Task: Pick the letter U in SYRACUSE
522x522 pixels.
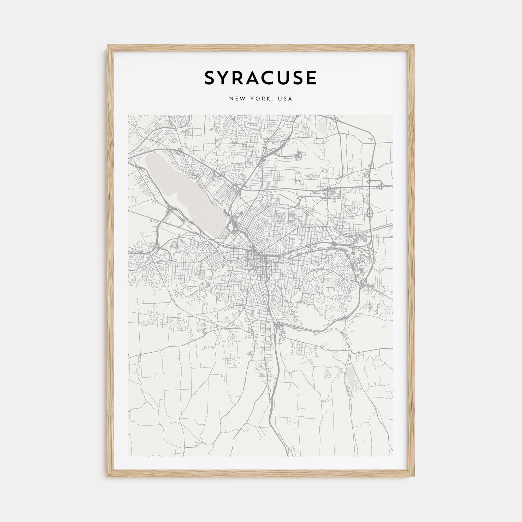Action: click(x=286, y=78)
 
